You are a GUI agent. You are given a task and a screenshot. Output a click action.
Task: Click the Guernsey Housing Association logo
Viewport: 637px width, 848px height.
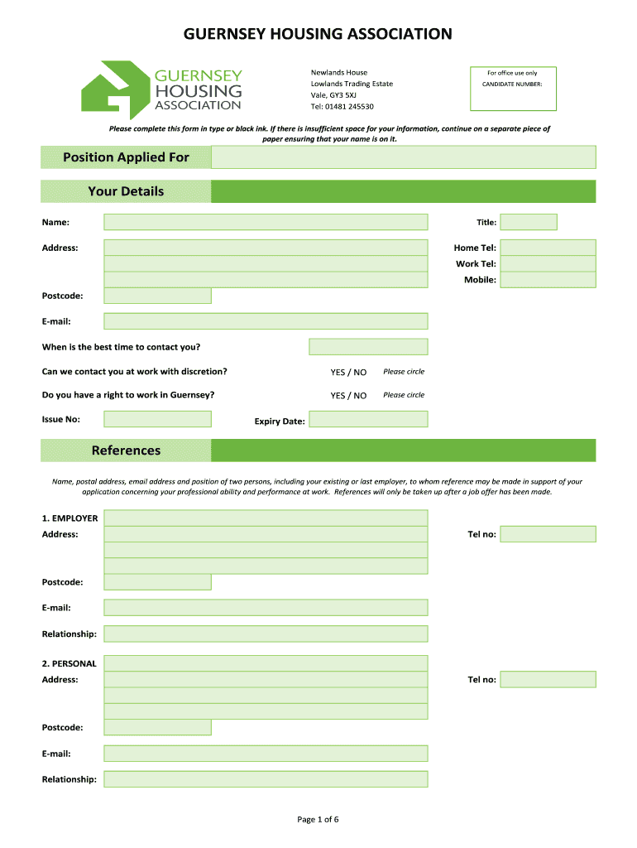pyautogui.click(x=161, y=89)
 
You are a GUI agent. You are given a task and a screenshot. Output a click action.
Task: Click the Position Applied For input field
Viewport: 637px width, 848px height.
pyautogui.click(x=403, y=157)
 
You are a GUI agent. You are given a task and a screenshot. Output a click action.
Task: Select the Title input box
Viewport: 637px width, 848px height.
pyautogui.click(x=529, y=222)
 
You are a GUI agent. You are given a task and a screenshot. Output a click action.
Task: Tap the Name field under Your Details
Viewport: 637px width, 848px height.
pyautogui.click(x=266, y=222)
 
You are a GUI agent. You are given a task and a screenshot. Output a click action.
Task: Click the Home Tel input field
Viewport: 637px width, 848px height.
pyautogui.click(x=548, y=248)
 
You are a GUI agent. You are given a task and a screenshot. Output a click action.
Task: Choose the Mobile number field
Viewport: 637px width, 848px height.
pyautogui.click(x=548, y=280)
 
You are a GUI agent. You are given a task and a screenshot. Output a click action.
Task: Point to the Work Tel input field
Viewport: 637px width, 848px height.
pyautogui.click(x=548, y=263)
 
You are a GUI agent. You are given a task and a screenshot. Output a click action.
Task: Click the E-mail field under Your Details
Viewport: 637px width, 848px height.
pyautogui.click(x=266, y=321)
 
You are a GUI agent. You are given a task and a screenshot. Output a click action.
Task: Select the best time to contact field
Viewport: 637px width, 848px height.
pyautogui.click(x=368, y=347)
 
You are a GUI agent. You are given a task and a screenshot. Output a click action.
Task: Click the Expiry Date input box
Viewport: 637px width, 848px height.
pyautogui.click(x=368, y=420)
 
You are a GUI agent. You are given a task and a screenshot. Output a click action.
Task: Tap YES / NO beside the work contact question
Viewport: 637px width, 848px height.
pyautogui.click(x=348, y=372)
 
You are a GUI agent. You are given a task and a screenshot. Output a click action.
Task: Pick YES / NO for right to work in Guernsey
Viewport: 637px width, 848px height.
pyautogui.click(x=348, y=396)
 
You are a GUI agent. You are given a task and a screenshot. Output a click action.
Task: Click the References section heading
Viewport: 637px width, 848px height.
pyautogui.click(x=126, y=450)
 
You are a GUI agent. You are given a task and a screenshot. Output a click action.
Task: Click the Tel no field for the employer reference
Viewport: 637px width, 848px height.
pyautogui.click(x=548, y=534)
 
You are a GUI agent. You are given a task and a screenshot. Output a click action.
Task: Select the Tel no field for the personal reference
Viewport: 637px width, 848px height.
pyautogui.click(x=548, y=680)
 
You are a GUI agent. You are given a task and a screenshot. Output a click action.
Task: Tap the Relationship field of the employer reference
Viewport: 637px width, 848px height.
pyautogui.click(x=266, y=634)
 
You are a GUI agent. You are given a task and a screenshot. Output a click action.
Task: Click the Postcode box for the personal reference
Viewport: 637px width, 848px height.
pyautogui.click(x=157, y=728)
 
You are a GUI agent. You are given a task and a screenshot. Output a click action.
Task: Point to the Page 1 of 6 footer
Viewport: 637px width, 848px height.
pyautogui.click(x=318, y=820)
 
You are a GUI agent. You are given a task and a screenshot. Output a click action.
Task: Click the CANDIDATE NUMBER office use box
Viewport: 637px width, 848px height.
pyautogui.click(x=513, y=89)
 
